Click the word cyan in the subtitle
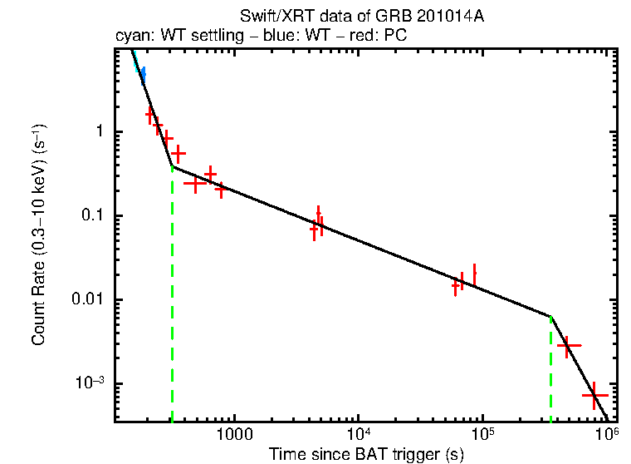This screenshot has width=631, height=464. point(130,36)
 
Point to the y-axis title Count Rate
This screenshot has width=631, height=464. point(39,235)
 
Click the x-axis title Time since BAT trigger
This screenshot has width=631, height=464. point(365,454)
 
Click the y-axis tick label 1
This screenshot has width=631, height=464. point(97,131)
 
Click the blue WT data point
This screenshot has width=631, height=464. point(142,76)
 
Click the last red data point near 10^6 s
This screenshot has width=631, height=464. point(594,396)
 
